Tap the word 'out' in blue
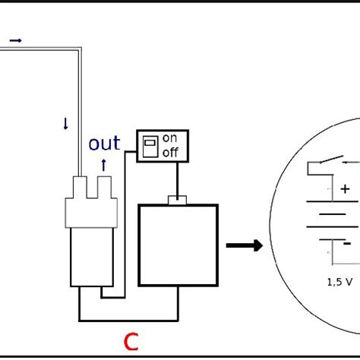click(105, 144)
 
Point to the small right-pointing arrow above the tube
click(15, 40)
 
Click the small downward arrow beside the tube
click(66, 124)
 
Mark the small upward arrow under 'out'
click(104, 162)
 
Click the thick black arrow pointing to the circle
click(245, 245)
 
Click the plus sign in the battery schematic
click(346, 188)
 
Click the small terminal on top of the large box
click(178, 201)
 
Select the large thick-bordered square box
click(178, 245)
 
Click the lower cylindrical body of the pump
click(90, 258)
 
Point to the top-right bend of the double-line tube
click(78, 52)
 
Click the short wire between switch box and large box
click(178, 178)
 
